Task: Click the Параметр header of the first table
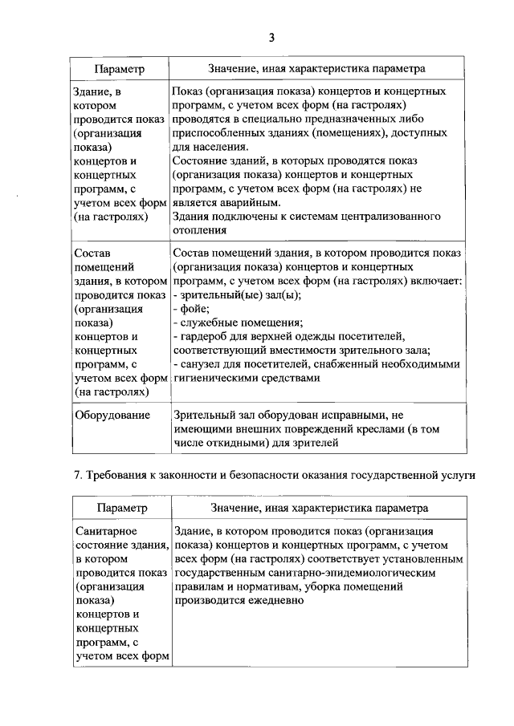119,70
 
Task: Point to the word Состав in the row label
92,253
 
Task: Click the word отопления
199,231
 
